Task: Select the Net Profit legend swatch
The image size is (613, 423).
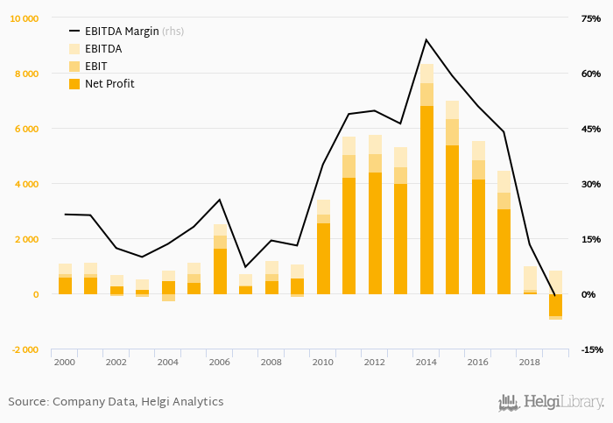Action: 74,84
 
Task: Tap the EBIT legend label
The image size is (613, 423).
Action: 98,67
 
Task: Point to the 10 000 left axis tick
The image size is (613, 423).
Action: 25,18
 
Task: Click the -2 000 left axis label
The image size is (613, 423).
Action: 25,349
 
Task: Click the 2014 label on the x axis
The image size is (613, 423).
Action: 426,361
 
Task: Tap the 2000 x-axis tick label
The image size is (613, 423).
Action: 65,361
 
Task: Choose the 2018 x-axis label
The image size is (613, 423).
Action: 529,361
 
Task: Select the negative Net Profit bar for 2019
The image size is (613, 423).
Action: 555,305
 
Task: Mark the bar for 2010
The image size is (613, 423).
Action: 323,254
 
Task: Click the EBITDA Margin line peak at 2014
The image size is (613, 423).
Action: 426,39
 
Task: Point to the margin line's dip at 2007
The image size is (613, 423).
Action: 245,266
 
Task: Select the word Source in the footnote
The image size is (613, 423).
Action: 27,402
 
